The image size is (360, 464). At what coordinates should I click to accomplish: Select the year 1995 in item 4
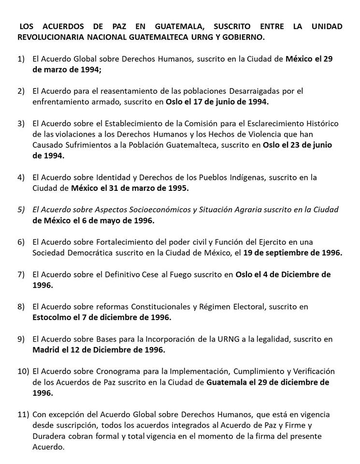tap(178, 188)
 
